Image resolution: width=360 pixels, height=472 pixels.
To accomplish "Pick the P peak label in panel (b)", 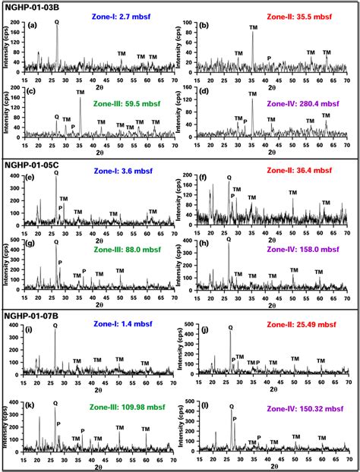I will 269,58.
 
